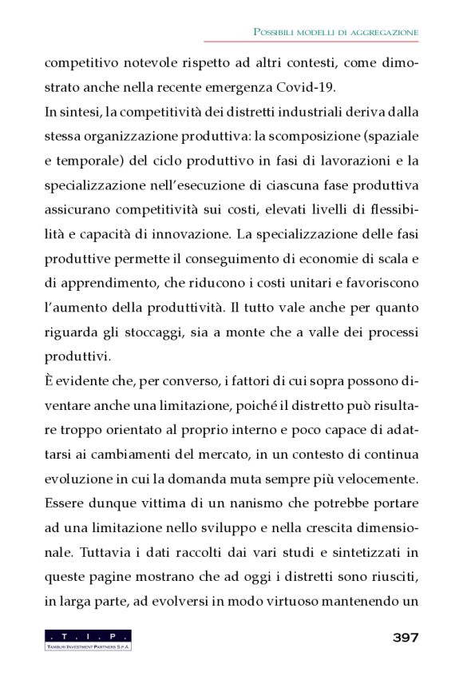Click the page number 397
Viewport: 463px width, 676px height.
click(406, 637)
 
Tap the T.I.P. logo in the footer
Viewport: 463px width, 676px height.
click(88, 638)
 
